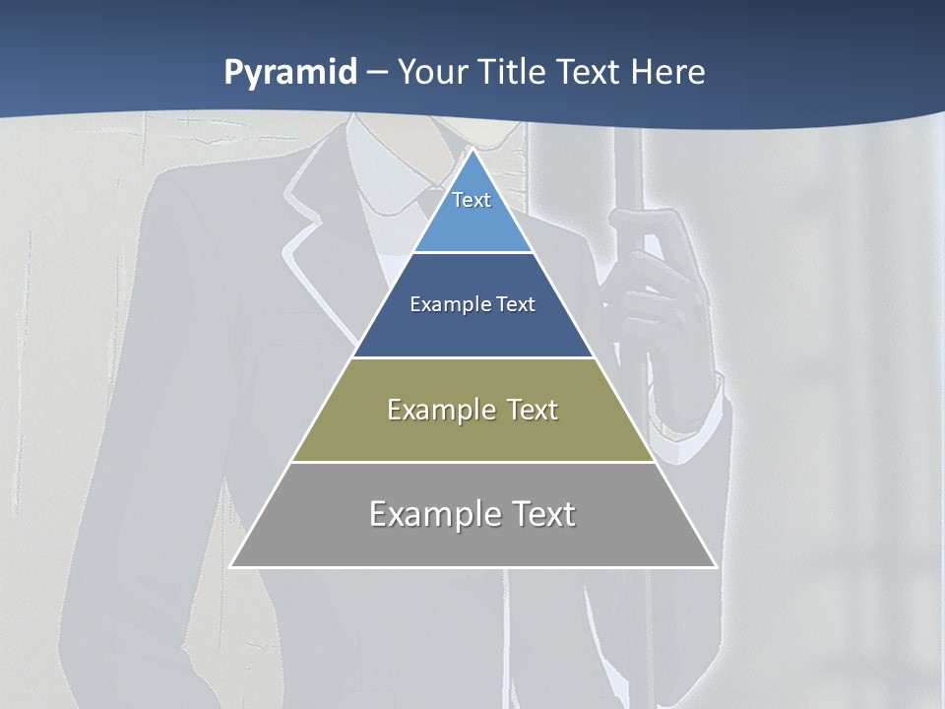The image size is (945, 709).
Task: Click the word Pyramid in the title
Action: point(289,73)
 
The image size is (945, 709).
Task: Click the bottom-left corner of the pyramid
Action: point(232,565)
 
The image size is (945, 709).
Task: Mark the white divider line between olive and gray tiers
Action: point(472,462)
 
